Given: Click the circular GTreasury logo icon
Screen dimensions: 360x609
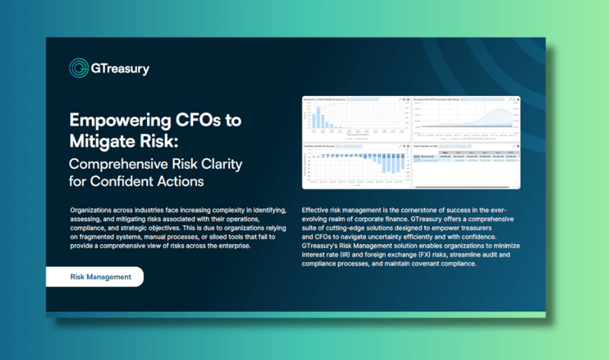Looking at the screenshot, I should [78, 68].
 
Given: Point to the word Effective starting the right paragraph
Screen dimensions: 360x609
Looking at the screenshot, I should [320, 210].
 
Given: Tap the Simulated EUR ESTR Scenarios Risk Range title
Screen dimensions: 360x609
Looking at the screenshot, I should [442, 100].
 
